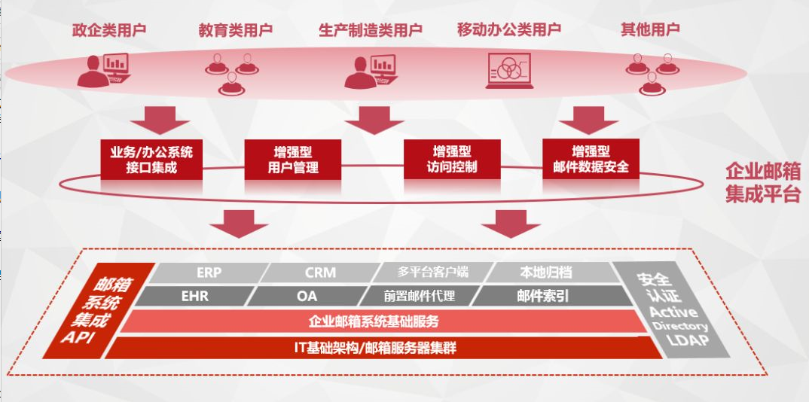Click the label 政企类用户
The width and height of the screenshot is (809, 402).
108,30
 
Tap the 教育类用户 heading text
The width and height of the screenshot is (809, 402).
235,30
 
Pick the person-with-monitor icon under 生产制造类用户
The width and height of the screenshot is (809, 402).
370,72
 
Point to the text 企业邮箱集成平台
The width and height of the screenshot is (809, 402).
762,182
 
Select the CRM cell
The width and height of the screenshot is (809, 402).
320,273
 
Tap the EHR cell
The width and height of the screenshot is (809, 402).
194,296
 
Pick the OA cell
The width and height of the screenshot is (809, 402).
307,296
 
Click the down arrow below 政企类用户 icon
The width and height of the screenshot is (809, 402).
160,119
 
